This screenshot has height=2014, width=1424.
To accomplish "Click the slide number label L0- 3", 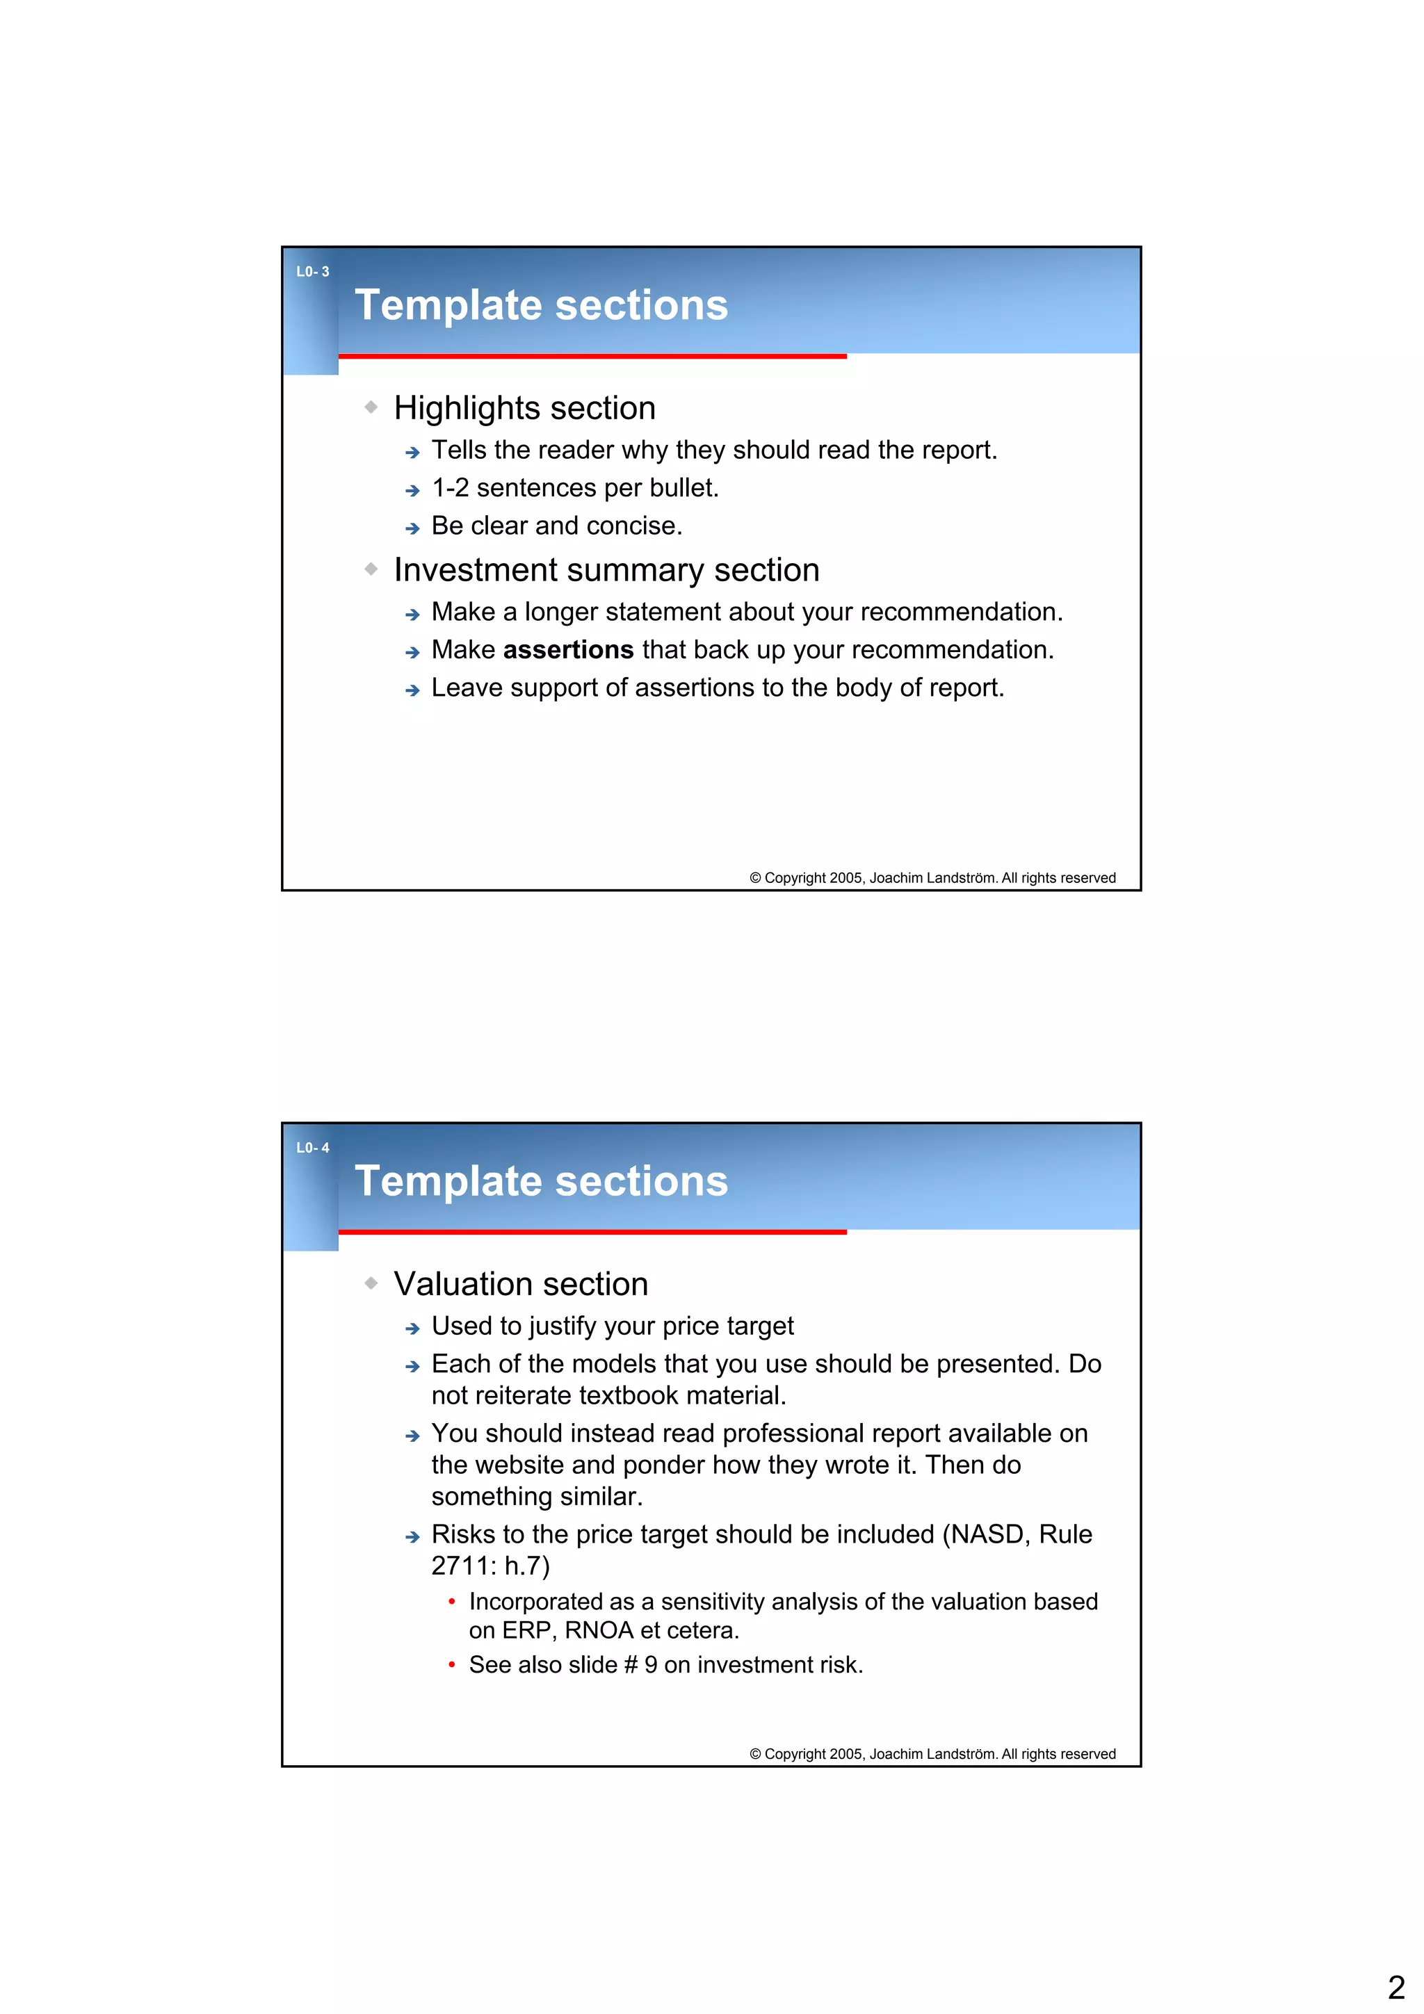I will click(x=312, y=272).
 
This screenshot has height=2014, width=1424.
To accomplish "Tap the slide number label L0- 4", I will click(x=312, y=1147).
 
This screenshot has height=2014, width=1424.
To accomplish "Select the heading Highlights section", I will click(x=525, y=408).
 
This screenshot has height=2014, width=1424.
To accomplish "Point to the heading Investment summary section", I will click(x=606, y=570).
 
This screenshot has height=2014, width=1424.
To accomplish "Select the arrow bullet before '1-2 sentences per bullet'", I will click(x=412, y=490).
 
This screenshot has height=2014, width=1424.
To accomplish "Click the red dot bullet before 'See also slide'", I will click(x=451, y=1665).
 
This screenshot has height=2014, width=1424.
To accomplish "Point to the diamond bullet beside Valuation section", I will click(x=371, y=1283).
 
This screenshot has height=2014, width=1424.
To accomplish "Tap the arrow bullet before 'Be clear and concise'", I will click(x=412, y=528).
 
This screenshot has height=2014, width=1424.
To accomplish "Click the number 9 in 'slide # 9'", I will click(x=650, y=1665).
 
